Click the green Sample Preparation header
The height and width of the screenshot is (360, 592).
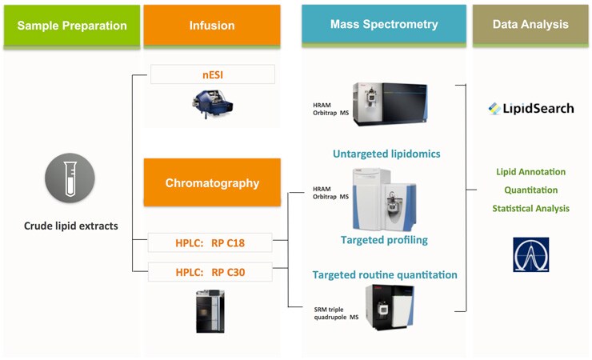pyautogui.click(x=71, y=25)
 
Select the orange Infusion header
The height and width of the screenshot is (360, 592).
pyautogui.click(x=211, y=25)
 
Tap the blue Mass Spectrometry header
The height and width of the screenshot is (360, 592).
pyautogui.click(x=383, y=24)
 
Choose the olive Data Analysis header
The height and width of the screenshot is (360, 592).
pyautogui.click(x=530, y=24)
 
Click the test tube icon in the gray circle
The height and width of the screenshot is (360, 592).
pyautogui.click(x=70, y=178)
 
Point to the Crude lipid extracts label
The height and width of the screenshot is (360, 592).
pyautogui.click(x=70, y=226)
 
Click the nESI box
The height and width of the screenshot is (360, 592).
pyautogui.click(x=212, y=75)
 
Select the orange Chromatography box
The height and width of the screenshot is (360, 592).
pyautogui.click(x=212, y=182)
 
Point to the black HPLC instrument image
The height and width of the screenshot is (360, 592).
pyautogui.click(x=210, y=310)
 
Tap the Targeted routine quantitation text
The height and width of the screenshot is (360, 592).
pyautogui.click(x=385, y=274)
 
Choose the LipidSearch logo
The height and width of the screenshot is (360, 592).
pyautogui.click(x=531, y=108)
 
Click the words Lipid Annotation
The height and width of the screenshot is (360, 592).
pyautogui.click(x=531, y=171)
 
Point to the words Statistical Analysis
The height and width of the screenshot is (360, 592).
pyautogui.click(x=531, y=208)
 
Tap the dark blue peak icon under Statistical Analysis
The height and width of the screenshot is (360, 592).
pyautogui.click(x=531, y=254)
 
